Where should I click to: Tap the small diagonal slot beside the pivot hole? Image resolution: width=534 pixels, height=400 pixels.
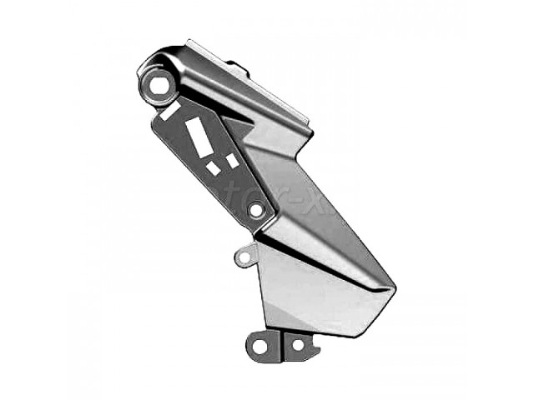pyautogui.click(x=171, y=110)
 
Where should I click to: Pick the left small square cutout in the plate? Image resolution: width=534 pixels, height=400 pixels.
pyautogui.click(x=214, y=167)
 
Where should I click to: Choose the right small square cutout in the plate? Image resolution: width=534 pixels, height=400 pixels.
pyautogui.click(x=231, y=160)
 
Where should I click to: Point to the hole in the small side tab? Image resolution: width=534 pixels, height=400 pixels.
pyautogui.click(x=244, y=257)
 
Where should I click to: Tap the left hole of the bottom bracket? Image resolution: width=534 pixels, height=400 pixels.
pyautogui.click(x=259, y=344)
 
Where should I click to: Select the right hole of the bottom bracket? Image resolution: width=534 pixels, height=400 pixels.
pyautogui.click(x=297, y=343)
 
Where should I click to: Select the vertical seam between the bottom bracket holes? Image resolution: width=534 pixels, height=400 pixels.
pyautogui.click(x=281, y=345)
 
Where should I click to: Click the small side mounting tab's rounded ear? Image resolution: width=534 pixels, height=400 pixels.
pyautogui.click(x=240, y=254)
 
